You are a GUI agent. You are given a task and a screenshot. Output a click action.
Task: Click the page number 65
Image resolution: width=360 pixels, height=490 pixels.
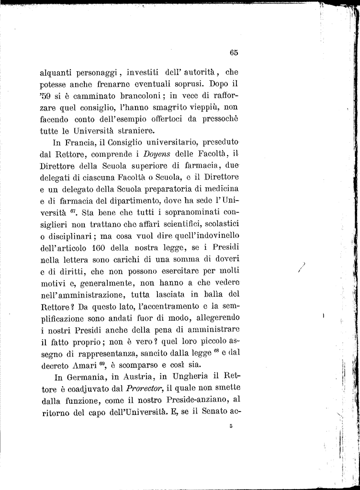click(234, 53)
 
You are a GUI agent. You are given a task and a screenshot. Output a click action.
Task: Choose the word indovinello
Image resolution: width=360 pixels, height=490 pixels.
click(213, 236)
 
